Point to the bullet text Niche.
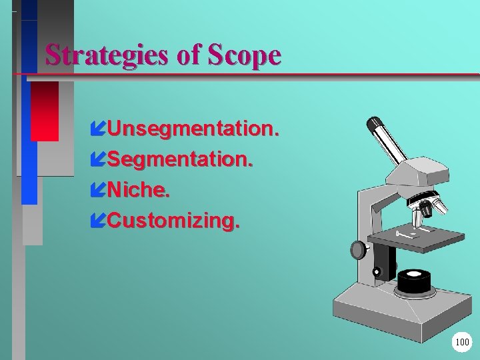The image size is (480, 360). pyautogui.click(x=139, y=191)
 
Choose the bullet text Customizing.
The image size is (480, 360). pyautogui.click(x=171, y=221)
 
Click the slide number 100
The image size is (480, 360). pyautogui.click(x=461, y=343)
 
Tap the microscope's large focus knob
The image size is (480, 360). pyautogui.click(x=359, y=250)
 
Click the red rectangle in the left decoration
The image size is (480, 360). pyautogui.click(x=45, y=111)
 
